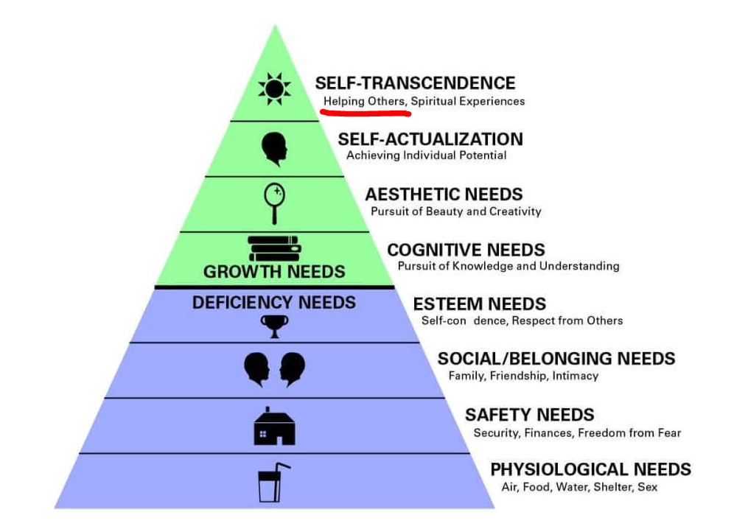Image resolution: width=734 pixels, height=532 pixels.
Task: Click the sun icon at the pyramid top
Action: click(273, 89)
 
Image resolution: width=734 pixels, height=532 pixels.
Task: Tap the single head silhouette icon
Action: click(273, 149)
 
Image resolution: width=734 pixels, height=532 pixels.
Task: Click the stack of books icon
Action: click(274, 248)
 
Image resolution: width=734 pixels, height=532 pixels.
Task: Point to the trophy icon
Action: click(274, 325)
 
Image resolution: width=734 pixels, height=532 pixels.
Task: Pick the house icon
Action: click(274, 427)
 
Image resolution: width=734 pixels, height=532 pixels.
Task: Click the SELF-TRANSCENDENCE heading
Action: click(415, 83)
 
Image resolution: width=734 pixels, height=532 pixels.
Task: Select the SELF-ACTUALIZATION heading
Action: click(430, 139)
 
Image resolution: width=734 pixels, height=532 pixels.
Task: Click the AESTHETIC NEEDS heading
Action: click(444, 195)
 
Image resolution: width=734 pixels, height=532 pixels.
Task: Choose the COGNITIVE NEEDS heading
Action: click(466, 250)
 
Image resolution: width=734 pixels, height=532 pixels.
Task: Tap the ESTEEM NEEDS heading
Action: click(479, 304)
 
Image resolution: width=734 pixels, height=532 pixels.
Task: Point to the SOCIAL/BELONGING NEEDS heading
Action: click(556, 359)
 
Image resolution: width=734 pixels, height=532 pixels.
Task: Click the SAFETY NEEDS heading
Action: click(529, 415)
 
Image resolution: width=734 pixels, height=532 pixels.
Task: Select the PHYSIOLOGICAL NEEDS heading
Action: click(590, 469)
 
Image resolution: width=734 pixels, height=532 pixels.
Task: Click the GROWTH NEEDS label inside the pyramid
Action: click(274, 272)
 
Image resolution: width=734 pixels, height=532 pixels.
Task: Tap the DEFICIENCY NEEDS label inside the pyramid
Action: click(274, 302)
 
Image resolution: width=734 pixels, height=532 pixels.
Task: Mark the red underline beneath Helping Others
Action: click(364, 113)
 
